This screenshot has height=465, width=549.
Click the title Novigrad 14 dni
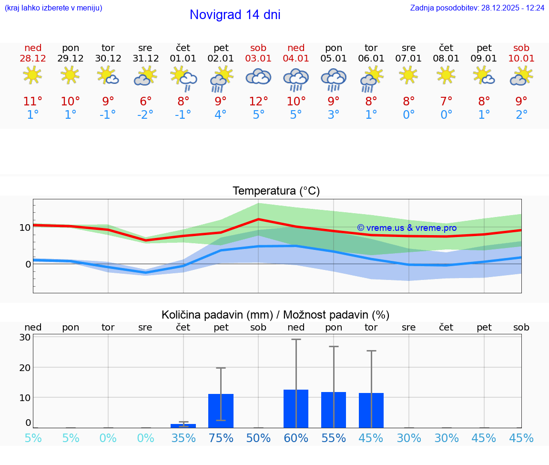pyautogui.click(x=235, y=15)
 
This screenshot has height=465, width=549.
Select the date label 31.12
pyautogui.click(x=145, y=59)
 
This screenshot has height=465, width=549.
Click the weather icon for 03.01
pyautogui.click(x=258, y=76)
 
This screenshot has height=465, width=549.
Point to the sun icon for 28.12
pyautogui.click(x=32, y=75)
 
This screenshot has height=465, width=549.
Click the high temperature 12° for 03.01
pyautogui.click(x=258, y=102)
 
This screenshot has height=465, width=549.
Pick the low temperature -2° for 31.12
pyautogui.click(x=145, y=115)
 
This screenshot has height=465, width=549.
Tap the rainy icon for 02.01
pyautogui.click(x=221, y=79)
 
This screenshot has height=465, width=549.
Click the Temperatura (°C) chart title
pyautogui.click(x=276, y=191)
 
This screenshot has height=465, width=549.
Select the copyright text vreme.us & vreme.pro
pyautogui.click(x=407, y=228)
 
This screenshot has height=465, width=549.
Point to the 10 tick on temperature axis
pyautogui.click(x=25, y=227)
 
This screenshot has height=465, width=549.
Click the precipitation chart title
pyautogui.click(x=275, y=315)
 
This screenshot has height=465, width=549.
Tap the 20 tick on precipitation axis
pyautogui.click(x=25, y=368)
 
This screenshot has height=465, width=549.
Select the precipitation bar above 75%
pyautogui.click(x=221, y=411)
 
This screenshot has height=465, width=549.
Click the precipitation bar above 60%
pyautogui.click(x=296, y=409)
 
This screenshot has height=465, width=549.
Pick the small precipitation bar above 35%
pyautogui.click(x=183, y=426)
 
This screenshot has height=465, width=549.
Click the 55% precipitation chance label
pyautogui.click(x=334, y=438)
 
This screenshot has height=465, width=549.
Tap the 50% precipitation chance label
pyautogui.click(x=258, y=438)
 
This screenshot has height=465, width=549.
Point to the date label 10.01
pyautogui.click(x=521, y=59)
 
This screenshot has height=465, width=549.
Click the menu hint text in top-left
pyautogui.click(x=53, y=8)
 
